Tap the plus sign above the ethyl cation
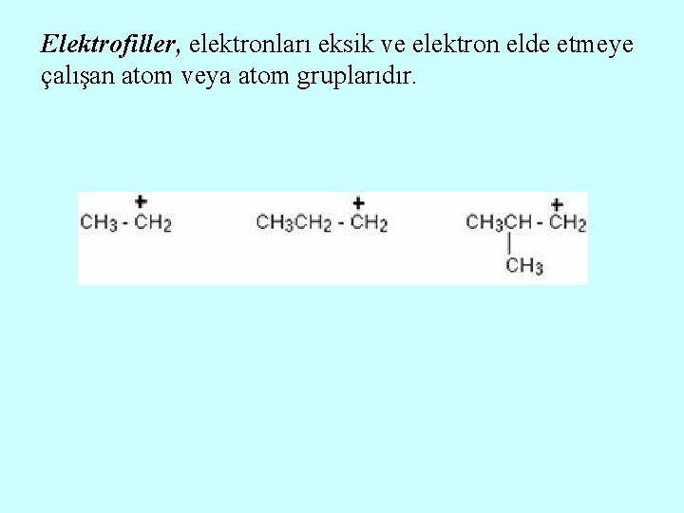141,201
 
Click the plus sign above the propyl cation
358,202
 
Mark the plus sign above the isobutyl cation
557,203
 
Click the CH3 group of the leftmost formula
99,223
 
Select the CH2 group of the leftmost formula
153,223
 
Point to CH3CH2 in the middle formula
294,223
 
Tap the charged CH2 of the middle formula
370,223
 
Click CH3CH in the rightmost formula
499,223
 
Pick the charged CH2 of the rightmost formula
568,223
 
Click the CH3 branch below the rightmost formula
524,265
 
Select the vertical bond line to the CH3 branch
511,244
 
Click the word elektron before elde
440,44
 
